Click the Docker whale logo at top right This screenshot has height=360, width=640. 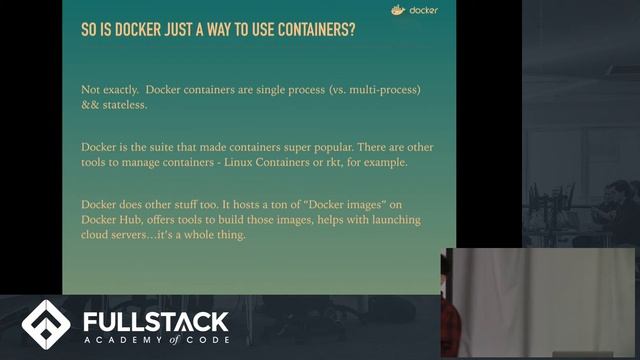click(x=398, y=12)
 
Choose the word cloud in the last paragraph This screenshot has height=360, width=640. click(x=98, y=235)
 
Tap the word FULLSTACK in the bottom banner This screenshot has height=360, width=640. click(x=156, y=322)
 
